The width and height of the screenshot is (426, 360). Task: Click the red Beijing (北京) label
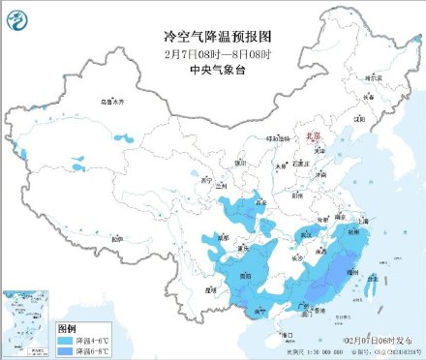click(x=311, y=139)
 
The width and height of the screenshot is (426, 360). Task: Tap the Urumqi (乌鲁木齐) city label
click(x=113, y=101)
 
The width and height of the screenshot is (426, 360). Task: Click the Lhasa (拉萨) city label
click(x=116, y=238)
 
